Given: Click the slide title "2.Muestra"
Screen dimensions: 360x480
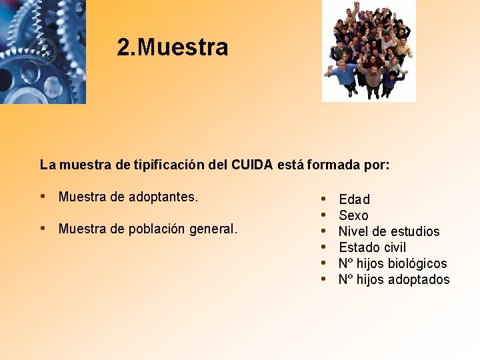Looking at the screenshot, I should pyautogui.click(x=172, y=47).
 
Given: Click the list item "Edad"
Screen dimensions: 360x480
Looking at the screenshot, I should pyautogui.click(x=354, y=199).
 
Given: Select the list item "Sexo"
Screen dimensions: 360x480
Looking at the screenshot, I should pyautogui.click(x=353, y=215).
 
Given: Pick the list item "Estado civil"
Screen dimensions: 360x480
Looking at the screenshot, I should pyautogui.click(x=372, y=247).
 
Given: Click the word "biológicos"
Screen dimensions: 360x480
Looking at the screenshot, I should pyautogui.click(x=417, y=263).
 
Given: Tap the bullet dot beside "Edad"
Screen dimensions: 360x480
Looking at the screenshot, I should pyautogui.click(x=323, y=199).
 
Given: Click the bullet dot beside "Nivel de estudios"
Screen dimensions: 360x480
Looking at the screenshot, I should pyautogui.click(x=323, y=231).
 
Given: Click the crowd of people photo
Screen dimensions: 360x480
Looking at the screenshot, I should pyautogui.click(x=369, y=51).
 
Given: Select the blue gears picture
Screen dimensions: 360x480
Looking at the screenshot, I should pyautogui.click(x=43, y=51).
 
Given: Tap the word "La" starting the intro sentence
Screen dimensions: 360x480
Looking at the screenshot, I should pyautogui.click(x=47, y=164).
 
